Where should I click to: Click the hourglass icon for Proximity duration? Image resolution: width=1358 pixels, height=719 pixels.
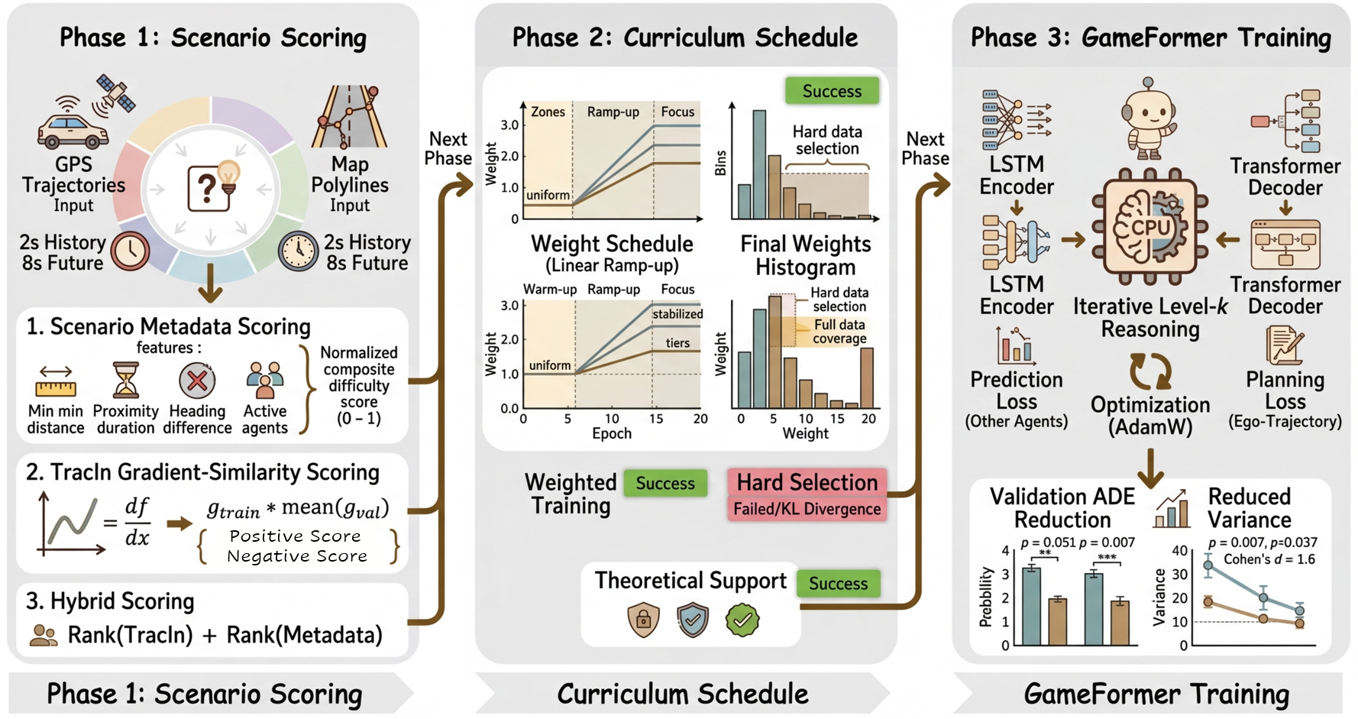[x=125, y=381]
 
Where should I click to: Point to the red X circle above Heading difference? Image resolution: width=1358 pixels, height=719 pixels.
[x=197, y=381]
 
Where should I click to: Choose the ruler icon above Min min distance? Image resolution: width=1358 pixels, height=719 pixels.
[x=56, y=381]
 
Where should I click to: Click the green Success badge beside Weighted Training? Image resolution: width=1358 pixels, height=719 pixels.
[x=665, y=483]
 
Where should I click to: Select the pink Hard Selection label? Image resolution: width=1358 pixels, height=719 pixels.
[x=807, y=482]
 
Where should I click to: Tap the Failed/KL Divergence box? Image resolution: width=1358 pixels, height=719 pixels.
[x=807, y=509]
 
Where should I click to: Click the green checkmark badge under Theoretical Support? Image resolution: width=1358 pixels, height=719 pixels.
[x=742, y=620]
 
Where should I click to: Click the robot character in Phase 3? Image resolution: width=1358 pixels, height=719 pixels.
[x=1149, y=118]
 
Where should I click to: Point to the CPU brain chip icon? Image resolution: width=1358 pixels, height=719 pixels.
[x=1150, y=227]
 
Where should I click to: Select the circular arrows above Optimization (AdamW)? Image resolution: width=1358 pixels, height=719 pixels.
[x=1149, y=371]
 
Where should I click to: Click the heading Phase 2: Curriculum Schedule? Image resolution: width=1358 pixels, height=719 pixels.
[x=684, y=37]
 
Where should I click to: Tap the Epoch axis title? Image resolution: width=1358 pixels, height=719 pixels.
[x=612, y=433]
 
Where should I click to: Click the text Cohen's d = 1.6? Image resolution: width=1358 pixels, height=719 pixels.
[x=1269, y=559]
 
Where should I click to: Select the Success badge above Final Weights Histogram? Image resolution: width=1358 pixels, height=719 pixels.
[x=832, y=91]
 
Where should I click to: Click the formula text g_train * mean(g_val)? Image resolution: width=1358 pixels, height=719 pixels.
[x=298, y=508]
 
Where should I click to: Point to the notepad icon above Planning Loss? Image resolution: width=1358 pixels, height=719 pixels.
[x=1285, y=345]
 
